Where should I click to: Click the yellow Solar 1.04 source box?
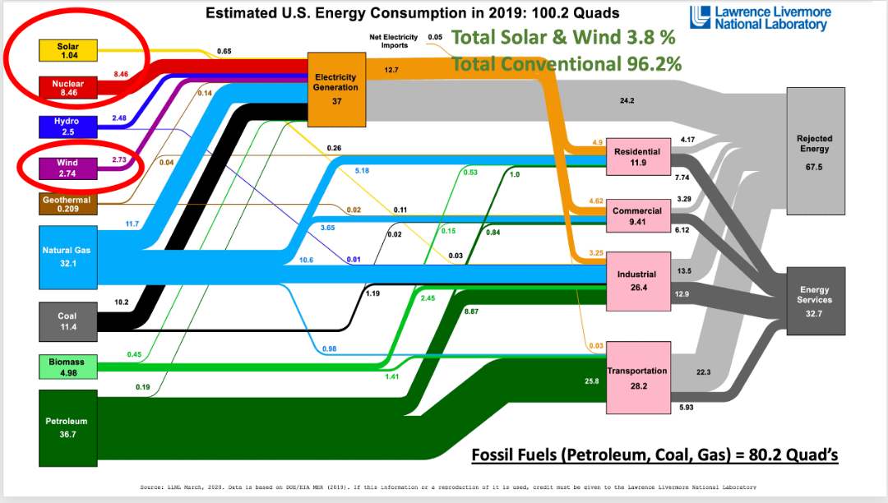68,52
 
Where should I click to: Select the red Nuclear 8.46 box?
68,88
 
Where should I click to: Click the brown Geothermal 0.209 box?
68,204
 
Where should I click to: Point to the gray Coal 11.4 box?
68,321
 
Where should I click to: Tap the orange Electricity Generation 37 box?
335,88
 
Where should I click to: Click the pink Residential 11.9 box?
637,157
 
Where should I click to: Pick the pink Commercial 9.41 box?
637,215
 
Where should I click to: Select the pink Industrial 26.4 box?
637,280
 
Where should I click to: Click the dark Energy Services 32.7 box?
815,300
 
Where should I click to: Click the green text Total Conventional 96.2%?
567,63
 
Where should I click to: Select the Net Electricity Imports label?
395,41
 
